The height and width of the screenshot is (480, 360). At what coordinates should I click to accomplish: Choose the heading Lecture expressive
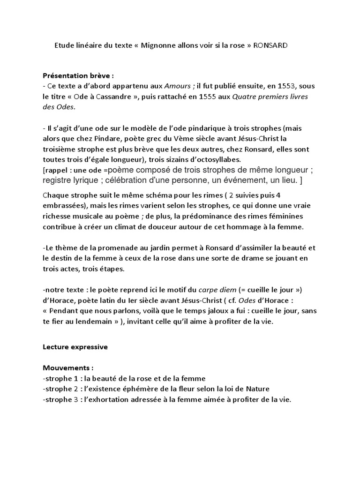click(75, 347)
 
